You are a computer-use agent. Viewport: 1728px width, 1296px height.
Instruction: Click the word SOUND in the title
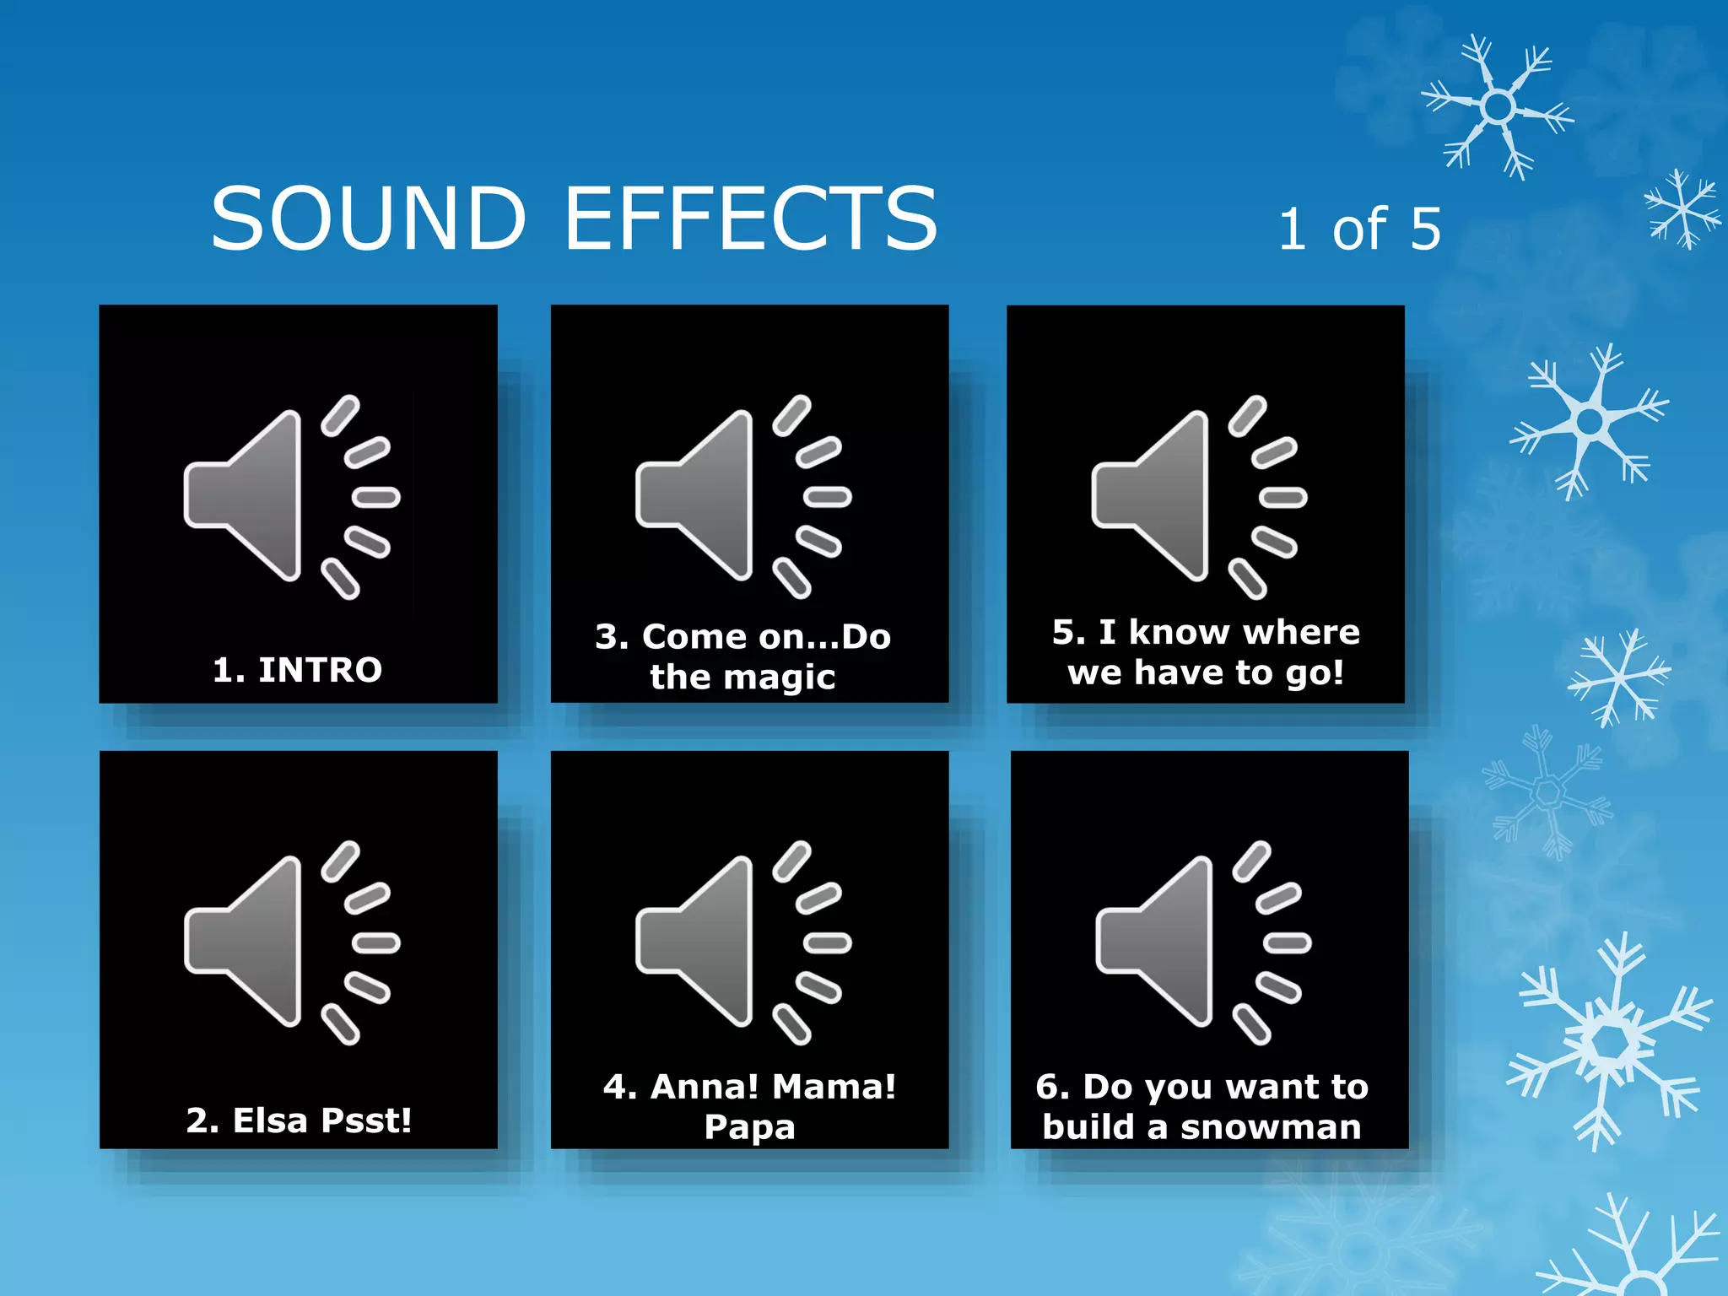(x=369, y=219)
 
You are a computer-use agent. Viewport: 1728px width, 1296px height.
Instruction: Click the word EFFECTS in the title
(x=750, y=219)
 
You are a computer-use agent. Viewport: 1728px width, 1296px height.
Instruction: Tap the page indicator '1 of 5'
(x=1359, y=229)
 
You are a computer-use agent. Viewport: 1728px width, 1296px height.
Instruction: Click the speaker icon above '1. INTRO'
(x=291, y=497)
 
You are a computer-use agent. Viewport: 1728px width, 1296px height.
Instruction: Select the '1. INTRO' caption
(x=297, y=670)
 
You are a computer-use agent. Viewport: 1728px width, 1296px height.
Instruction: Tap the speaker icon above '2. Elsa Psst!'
(x=291, y=942)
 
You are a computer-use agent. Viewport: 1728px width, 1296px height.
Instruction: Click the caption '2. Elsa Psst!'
(x=299, y=1120)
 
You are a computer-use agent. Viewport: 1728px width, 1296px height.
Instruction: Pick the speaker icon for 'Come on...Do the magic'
(x=742, y=497)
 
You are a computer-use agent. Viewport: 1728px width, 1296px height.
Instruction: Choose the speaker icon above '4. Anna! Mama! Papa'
(x=742, y=942)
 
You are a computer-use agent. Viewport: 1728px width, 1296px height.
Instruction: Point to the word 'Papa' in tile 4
(x=749, y=1127)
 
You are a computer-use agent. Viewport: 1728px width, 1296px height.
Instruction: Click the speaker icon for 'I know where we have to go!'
(x=1198, y=497)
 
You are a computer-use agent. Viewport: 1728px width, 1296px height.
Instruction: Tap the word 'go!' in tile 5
(x=1314, y=673)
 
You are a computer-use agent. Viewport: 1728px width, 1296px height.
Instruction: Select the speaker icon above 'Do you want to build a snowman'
(x=1202, y=942)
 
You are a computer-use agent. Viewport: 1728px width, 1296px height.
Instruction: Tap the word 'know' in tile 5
(x=1180, y=632)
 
